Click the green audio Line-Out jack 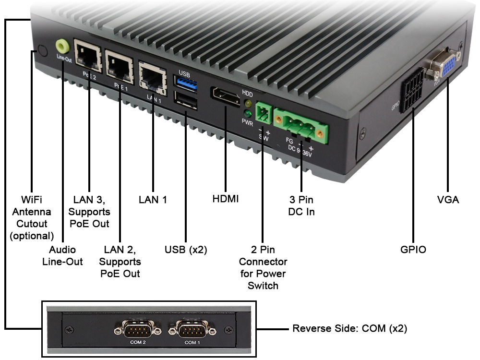(62, 47)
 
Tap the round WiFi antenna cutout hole (42, 51)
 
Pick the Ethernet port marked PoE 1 (119, 63)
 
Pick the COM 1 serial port (192, 331)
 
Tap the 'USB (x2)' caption (186, 250)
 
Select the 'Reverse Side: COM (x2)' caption (350, 329)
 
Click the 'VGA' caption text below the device (447, 199)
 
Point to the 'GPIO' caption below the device (413, 250)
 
